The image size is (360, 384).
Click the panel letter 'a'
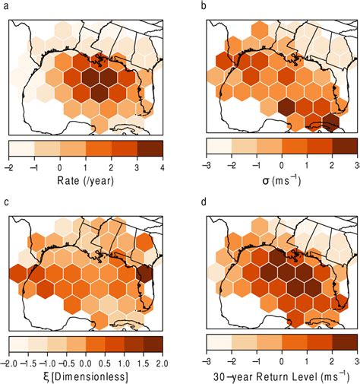[x=5, y=5]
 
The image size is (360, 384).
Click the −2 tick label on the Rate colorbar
[x=10, y=166]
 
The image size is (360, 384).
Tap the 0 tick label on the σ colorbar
[x=282, y=166]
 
